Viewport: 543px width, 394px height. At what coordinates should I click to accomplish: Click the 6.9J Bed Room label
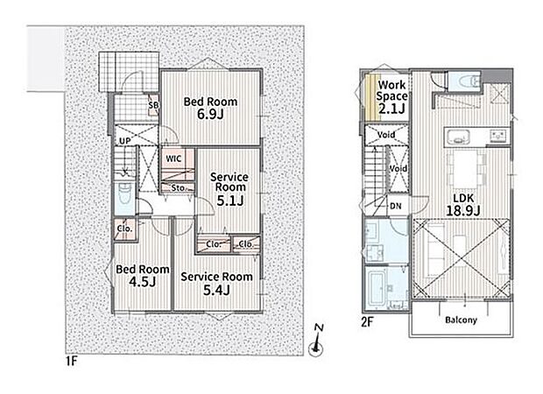210,108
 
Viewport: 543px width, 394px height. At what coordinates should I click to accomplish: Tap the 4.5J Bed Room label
143,276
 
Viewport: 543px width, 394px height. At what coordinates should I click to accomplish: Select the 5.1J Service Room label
229,189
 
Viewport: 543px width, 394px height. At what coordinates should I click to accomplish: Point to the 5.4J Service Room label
216,283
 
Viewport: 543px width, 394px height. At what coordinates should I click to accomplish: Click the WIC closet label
173,159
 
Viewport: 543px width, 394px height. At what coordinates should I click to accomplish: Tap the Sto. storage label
178,188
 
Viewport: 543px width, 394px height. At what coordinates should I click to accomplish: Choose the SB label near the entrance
153,104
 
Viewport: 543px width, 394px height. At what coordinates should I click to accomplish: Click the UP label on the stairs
124,141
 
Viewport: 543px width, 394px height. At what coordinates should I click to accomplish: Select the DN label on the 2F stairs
396,206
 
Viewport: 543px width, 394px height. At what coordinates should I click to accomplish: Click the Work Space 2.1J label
391,96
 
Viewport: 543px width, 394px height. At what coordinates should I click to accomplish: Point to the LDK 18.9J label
463,204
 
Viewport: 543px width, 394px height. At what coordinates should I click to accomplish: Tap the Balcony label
461,320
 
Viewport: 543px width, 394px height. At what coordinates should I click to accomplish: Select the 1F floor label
71,362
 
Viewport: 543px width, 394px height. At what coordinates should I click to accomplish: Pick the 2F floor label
368,322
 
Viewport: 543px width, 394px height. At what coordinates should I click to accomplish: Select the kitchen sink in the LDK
458,136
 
